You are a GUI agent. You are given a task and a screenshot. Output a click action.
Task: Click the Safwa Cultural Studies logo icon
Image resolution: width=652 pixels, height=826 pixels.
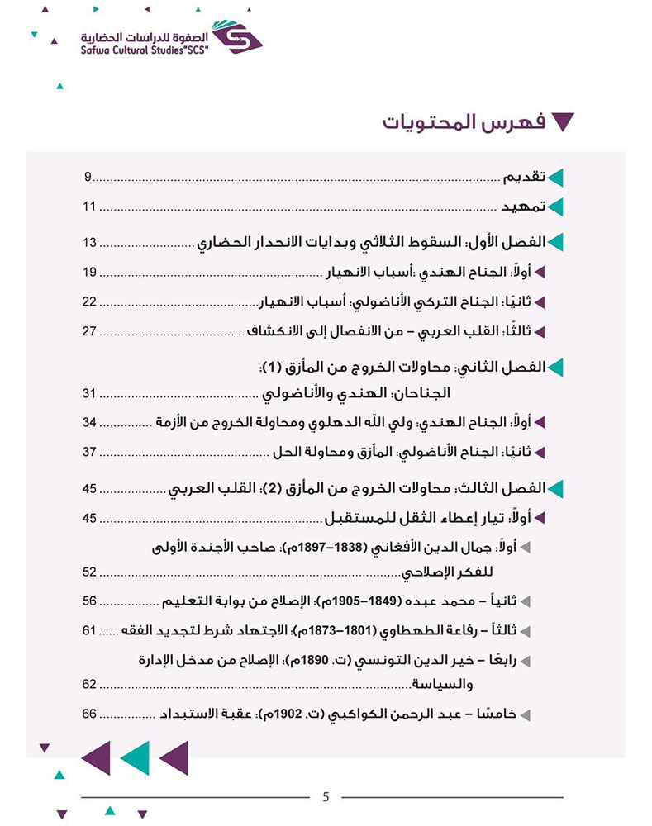click(236, 36)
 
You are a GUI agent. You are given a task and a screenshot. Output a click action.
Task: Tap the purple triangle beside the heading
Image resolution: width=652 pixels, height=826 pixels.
click(563, 123)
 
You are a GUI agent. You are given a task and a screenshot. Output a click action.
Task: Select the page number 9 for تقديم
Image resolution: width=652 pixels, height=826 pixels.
click(88, 177)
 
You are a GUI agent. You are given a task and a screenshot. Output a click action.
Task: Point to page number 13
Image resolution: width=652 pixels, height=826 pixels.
click(90, 243)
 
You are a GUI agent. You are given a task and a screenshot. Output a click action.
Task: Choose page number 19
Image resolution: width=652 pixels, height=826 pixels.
click(90, 272)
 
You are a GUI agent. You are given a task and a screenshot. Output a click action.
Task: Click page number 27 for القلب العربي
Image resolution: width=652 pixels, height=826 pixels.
click(90, 331)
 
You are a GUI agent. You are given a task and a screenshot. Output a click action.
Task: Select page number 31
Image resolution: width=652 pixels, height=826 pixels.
click(90, 392)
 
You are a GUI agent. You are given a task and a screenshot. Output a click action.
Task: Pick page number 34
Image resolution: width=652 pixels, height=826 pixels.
click(90, 422)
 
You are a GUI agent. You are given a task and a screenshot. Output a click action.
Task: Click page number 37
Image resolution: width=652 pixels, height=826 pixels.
click(90, 452)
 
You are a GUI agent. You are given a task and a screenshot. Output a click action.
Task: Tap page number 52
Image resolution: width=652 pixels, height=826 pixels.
click(90, 572)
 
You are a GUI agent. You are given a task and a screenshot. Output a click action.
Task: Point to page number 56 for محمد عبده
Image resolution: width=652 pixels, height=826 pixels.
click(90, 601)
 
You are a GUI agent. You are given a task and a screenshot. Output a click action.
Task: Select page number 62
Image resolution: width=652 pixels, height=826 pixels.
click(90, 684)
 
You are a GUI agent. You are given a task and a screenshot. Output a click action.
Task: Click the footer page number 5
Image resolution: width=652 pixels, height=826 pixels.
click(326, 797)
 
